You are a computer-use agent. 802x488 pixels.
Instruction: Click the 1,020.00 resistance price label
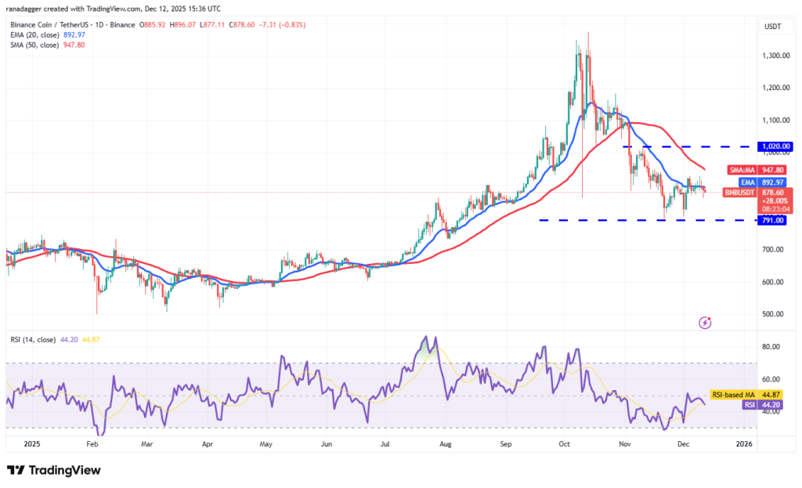click(776, 146)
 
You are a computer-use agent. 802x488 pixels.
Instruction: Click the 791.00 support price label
click(773, 220)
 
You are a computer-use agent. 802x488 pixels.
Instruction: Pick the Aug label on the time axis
click(445, 444)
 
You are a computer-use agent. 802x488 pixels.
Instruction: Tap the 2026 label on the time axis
click(745, 444)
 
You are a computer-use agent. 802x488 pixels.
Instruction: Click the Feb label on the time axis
click(92, 444)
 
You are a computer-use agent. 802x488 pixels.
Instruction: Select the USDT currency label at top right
click(773, 26)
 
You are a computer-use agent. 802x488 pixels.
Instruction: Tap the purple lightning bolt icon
click(705, 322)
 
